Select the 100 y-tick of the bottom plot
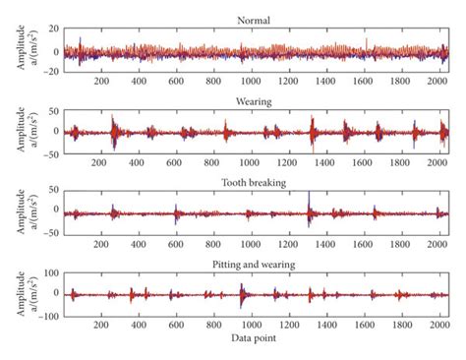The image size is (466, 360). (x=54, y=270)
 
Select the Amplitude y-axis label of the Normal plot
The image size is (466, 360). (x=22, y=49)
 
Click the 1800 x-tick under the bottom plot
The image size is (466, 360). (x=402, y=327)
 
